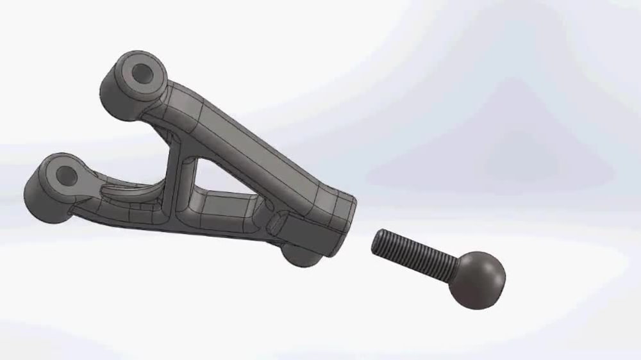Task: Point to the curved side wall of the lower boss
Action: tap(40, 198)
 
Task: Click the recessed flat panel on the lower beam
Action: tap(228, 208)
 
